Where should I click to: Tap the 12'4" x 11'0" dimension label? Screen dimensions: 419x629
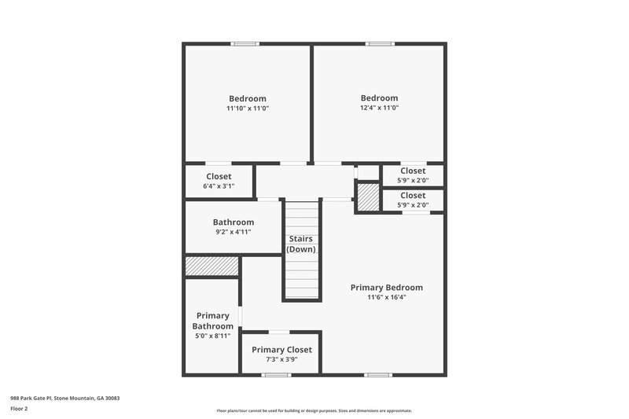380,108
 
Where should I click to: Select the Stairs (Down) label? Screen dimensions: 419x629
301,244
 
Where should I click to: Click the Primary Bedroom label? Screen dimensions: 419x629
386,288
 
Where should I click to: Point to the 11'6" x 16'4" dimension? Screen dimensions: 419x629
386,297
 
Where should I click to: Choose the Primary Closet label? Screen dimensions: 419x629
281,350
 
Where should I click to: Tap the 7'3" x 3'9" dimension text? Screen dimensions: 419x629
281,359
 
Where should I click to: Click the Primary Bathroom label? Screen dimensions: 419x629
213,321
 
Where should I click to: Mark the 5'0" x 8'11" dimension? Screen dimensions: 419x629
213,336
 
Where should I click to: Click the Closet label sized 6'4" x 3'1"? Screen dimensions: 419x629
219,177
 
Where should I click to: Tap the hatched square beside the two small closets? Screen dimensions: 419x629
368,197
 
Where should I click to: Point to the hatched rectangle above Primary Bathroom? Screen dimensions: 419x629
212,266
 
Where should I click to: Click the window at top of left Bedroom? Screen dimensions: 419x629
245,44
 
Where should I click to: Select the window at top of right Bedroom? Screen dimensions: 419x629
380,44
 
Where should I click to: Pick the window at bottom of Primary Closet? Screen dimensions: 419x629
276,375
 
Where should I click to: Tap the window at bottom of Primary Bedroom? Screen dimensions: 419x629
378,375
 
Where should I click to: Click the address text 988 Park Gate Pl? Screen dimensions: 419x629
64,399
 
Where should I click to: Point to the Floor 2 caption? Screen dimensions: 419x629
19,409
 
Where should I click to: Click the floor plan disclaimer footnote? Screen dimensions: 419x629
314,410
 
